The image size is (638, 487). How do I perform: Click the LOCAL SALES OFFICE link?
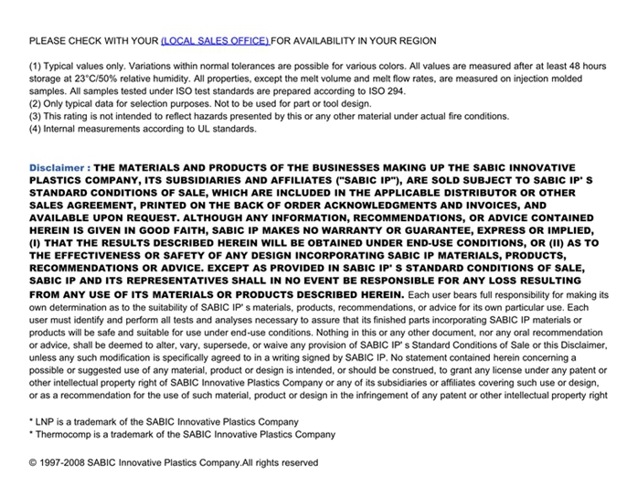pos(215,41)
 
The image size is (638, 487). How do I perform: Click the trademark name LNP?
pos(45,422)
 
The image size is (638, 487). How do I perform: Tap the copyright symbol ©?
pos(34,463)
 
